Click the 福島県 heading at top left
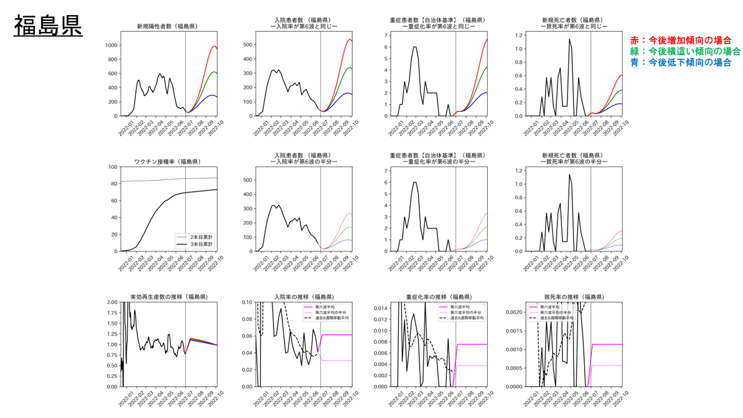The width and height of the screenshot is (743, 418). [48, 26]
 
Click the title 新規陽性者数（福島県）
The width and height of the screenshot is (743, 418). [166, 27]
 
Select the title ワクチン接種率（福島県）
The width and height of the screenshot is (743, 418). [166, 161]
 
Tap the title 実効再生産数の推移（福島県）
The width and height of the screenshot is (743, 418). [166, 297]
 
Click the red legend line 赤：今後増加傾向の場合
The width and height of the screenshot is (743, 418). [680, 40]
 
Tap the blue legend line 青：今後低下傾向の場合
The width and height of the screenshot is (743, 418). [680, 62]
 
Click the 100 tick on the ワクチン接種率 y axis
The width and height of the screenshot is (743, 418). [112, 167]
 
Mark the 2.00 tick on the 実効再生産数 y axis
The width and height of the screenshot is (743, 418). [110, 302]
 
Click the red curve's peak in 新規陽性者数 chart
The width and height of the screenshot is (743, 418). [214, 46]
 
